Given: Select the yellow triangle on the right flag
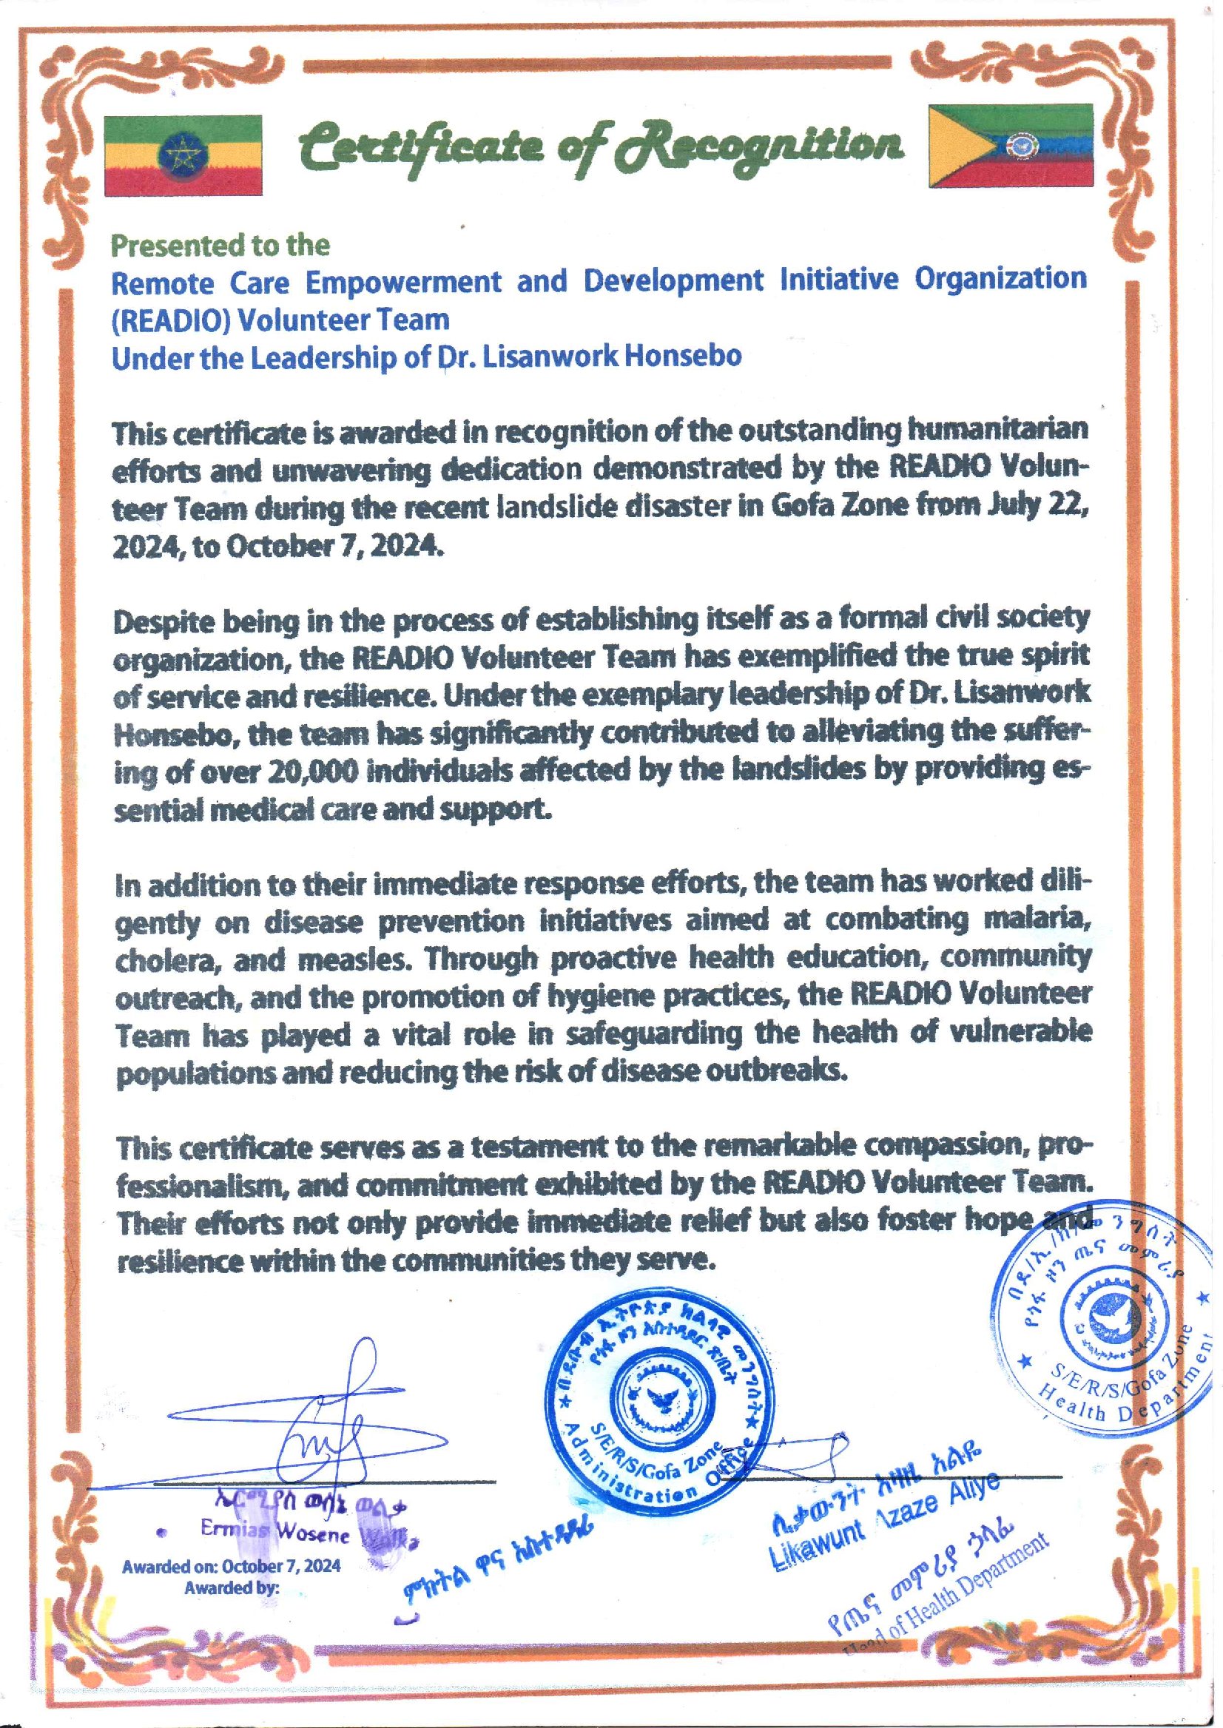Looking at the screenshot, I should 960,146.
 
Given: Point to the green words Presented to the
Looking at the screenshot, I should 220,245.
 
